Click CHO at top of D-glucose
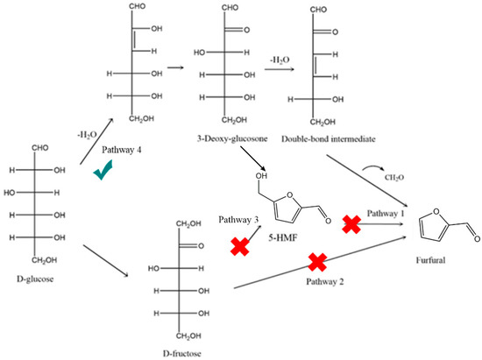(34, 148)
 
